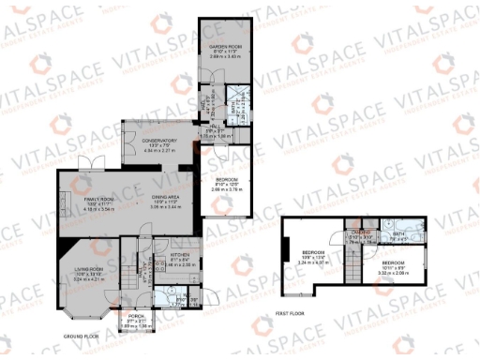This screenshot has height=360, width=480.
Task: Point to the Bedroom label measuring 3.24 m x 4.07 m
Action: pos(313,258)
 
